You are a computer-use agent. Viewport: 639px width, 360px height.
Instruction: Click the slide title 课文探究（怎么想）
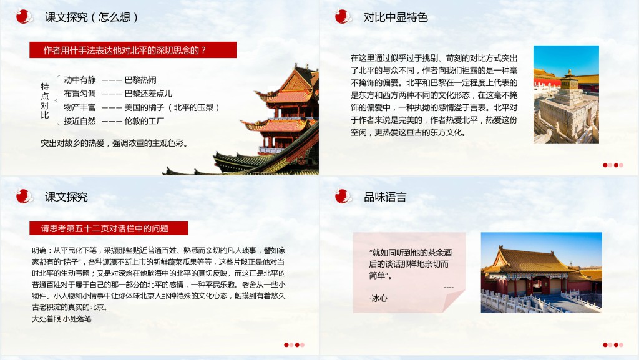coord(92,17)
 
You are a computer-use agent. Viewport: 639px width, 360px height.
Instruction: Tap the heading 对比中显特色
coord(395,17)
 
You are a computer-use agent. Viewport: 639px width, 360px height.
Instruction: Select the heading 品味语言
coord(384,197)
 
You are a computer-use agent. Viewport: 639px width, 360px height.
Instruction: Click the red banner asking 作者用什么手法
coord(133,50)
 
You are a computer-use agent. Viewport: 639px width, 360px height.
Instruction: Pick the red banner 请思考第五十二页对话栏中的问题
coord(109,228)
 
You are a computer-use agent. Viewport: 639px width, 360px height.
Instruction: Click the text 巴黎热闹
coord(140,80)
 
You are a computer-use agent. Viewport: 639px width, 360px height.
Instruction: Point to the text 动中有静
coord(79,80)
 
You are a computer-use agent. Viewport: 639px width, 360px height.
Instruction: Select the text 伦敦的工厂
coord(144,121)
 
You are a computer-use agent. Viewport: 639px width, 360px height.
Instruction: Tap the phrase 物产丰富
coord(79,107)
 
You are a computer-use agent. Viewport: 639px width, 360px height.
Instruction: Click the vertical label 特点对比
coord(45,100)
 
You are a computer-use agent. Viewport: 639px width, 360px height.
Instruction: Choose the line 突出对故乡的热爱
coord(114,144)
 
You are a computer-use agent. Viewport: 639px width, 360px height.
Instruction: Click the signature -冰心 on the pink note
coord(378,298)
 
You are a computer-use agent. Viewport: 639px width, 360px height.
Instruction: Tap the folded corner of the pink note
coord(453,301)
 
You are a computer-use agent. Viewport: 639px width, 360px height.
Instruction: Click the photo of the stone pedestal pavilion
coord(566,94)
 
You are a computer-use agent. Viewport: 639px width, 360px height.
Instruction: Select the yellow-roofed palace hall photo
coord(541,273)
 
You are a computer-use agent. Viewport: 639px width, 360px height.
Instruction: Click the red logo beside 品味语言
coord(343,197)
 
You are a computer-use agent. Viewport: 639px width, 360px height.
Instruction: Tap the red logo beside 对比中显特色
coord(343,17)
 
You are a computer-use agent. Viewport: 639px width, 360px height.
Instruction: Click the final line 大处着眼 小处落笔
coord(62,319)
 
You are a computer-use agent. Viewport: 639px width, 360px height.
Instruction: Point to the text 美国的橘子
coord(144,107)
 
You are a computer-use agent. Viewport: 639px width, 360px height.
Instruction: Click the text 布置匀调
coord(79,94)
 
